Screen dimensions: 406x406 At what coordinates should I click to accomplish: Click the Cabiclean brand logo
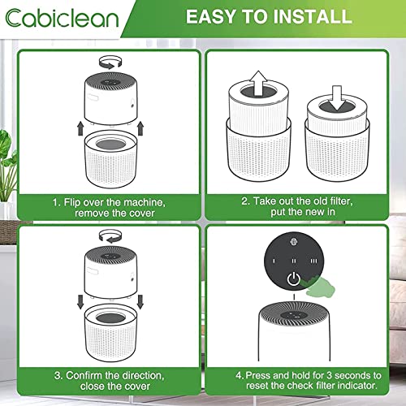tap(61, 19)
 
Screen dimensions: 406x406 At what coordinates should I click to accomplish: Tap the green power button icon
tap(293, 283)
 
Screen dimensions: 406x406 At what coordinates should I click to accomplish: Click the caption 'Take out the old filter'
tap(296, 201)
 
